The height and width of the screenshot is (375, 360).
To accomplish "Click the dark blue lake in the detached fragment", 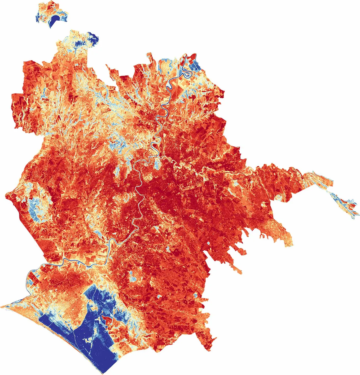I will pyautogui.click(x=55, y=20).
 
